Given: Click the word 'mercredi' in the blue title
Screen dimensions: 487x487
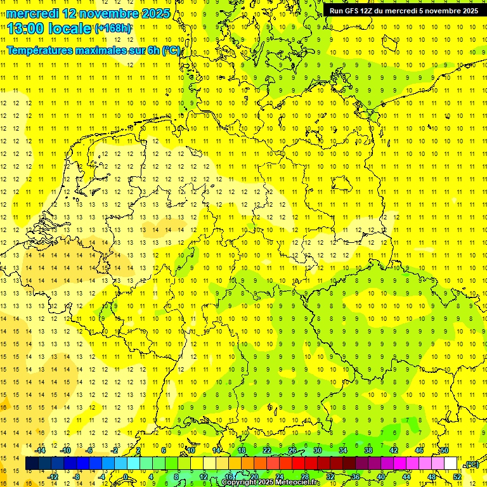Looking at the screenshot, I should [32, 13].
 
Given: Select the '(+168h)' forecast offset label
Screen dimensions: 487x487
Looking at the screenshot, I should [113, 29].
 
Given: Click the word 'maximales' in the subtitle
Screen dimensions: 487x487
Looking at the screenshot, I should [108, 50].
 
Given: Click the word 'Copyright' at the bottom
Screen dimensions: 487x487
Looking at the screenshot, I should [240, 483].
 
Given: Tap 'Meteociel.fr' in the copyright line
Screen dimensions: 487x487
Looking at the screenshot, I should [299, 483].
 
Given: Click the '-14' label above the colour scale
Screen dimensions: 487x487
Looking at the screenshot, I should [41, 450].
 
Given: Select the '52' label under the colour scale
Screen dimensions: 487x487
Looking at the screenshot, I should [457, 477].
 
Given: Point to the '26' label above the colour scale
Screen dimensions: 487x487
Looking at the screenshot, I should [292, 450].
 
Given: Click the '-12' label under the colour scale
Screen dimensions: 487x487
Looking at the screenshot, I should [53, 477].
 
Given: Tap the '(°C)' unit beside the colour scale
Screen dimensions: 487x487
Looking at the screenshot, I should [472, 464].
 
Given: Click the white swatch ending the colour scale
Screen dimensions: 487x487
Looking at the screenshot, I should [451, 464].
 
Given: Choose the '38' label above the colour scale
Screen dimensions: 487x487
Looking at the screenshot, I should [368, 450].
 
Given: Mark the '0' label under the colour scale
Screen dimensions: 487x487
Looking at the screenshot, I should [126, 477].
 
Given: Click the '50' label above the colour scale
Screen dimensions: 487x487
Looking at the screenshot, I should [445, 450].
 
